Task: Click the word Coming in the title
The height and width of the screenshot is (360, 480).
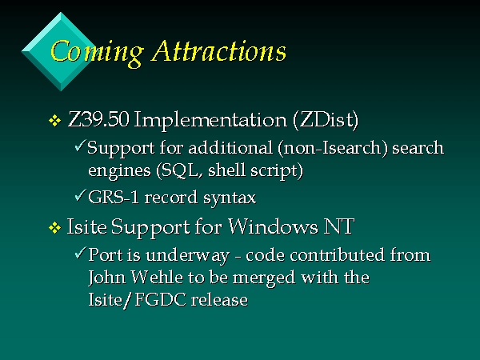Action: click(x=97, y=53)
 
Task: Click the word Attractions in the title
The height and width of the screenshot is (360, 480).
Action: click(x=219, y=50)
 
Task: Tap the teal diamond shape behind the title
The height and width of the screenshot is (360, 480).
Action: click(x=60, y=51)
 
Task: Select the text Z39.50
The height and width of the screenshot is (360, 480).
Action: click(x=98, y=119)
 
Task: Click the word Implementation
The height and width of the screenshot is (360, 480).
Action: click(x=210, y=120)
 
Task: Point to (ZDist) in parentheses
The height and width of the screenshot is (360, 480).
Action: click(x=326, y=120)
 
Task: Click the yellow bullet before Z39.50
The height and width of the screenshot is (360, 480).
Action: click(x=54, y=120)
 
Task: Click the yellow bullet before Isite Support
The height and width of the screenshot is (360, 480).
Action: click(x=54, y=228)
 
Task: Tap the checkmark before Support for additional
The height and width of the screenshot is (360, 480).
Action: click(x=79, y=146)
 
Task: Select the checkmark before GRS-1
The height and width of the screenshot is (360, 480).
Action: click(x=79, y=195)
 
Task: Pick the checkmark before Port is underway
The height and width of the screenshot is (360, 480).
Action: click(x=79, y=253)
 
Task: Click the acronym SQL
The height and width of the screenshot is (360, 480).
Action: click(x=180, y=170)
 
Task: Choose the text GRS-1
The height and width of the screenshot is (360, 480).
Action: click(x=114, y=197)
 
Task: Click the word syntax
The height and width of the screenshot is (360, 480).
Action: click(x=230, y=198)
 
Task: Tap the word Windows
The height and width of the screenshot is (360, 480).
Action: click(x=273, y=227)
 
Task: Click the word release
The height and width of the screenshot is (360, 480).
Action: click(x=219, y=300)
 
